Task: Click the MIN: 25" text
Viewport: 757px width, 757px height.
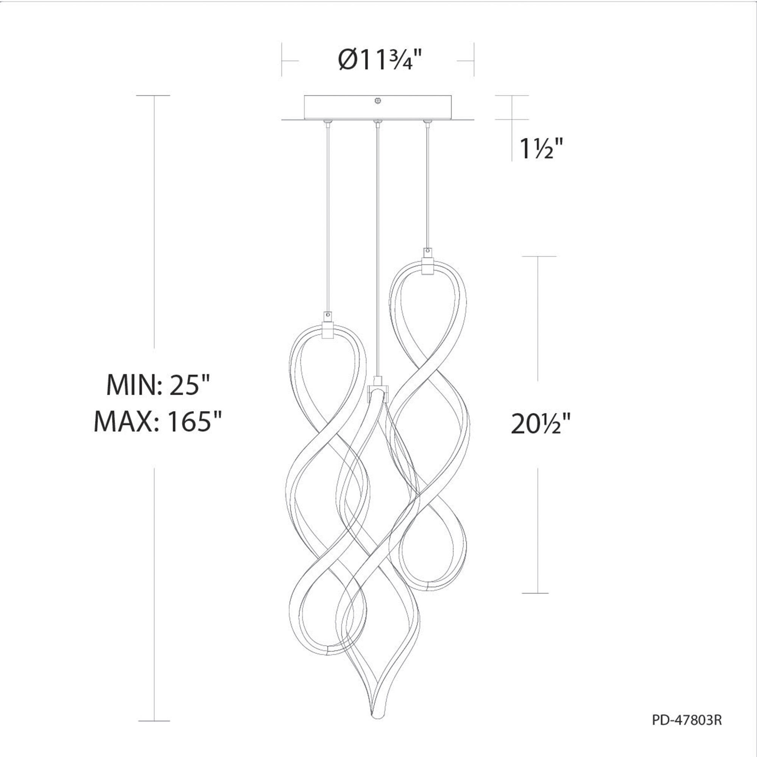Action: click(x=159, y=386)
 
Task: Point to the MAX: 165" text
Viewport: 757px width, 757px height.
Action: click(x=158, y=422)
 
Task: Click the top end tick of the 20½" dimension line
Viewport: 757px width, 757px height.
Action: click(x=539, y=257)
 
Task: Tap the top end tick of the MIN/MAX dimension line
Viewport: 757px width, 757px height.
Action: click(x=154, y=96)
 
